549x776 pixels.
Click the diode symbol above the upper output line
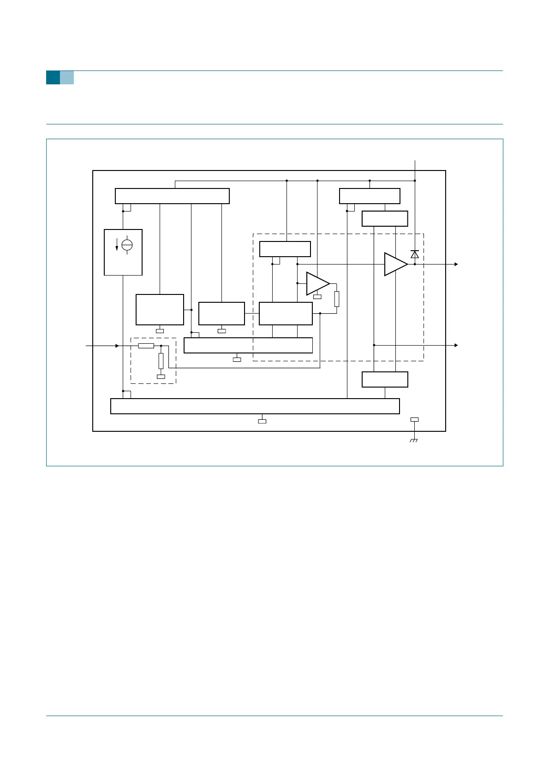(x=415, y=254)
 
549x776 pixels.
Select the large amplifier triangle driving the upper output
(x=395, y=264)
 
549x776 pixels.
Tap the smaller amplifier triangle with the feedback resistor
(x=317, y=283)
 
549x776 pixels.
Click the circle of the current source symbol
(x=127, y=245)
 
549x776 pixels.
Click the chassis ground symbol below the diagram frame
(x=414, y=441)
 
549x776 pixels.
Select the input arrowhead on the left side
(x=117, y=346)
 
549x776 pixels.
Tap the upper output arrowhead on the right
(x=456, y=265)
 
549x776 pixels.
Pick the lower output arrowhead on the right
(x=456, y=345)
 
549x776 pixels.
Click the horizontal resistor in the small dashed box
(x=146, y=346)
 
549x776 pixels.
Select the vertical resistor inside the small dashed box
(x=161, y=360)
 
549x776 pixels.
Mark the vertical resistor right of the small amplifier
(x=337, y=299)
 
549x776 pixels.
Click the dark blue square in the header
(x=53, y=77)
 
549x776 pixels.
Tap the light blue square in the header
(x=67, y=77)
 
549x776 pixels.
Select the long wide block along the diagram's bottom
(x=255, y=406)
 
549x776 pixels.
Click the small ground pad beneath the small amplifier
(x=317, y=297)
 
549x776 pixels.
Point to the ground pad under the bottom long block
(x=262, y=421)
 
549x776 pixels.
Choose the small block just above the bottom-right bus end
(x=385, y=379)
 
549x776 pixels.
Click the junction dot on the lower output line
(x=374, y=345)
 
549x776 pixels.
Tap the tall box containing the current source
(x=123, y=252)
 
